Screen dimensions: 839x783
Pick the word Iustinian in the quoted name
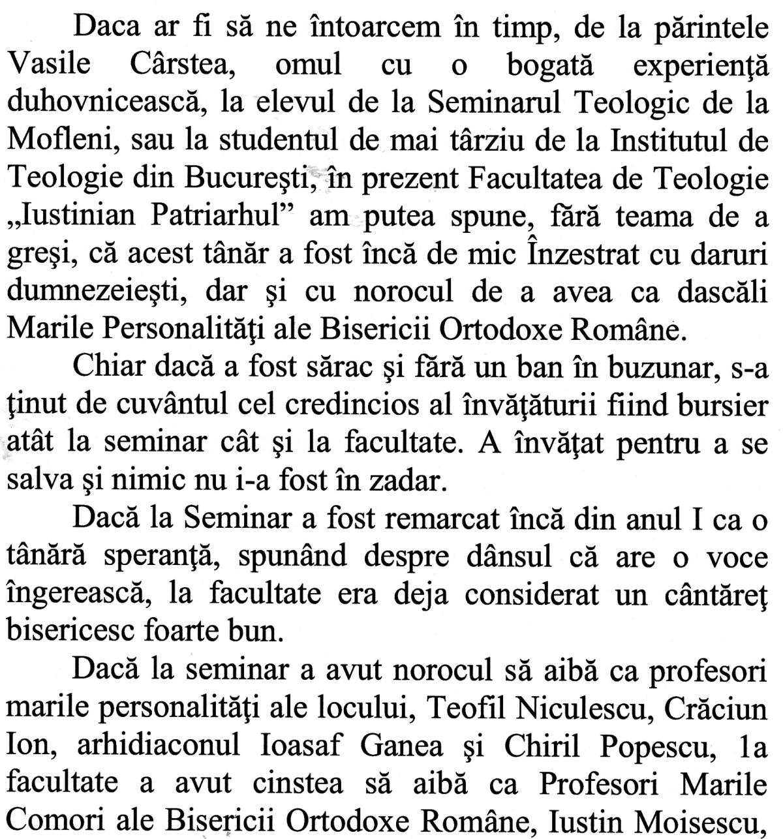pyautogui.click(x=72, y=217)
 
